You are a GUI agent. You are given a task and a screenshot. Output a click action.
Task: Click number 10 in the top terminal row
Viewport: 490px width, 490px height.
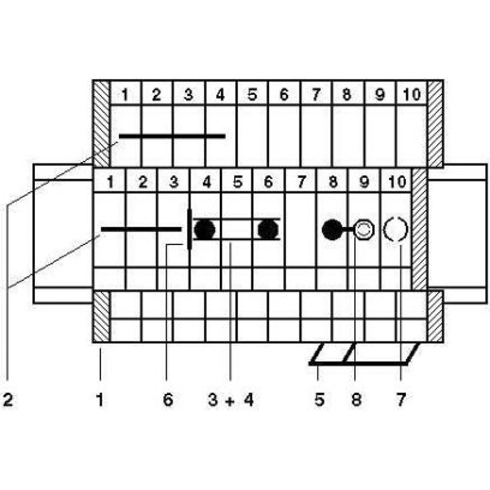pyautogui.click(x=411, y=95)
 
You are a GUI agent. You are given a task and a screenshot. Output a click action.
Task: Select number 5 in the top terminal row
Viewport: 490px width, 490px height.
pyautogui.click(x=252, y=95)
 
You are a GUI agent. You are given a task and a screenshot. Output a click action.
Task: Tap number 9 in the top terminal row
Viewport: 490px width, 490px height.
pyautogui.click(x=379, y=95)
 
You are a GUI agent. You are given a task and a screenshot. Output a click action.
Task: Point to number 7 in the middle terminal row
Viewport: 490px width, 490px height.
pyautogui.click(x=301, y=182)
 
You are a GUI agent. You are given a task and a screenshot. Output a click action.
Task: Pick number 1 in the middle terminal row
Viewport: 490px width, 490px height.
pyautogui.click(x=110, y=182)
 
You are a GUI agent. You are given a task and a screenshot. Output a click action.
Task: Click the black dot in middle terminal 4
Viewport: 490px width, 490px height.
pyautogui.click(x=205, y=230)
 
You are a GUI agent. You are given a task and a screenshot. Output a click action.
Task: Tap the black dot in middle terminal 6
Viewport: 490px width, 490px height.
pyautogui.click(x=268, y=230)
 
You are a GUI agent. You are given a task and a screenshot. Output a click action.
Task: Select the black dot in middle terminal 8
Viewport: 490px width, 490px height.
pyautogui.click(x=332, y=230)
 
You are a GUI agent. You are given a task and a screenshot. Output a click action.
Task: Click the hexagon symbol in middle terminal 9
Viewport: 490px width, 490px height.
pyautogui.click(x=364, y=230)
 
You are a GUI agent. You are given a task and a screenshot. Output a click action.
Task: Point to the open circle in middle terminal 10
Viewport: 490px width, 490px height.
pyautogui.click(x=396, y=230)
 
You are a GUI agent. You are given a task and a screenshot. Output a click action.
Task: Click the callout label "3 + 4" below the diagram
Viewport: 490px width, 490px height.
pyautogui.click(x=230, y=401)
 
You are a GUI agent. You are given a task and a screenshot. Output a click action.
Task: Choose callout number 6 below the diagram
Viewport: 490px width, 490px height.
pyautogui.click(x=168, y=401)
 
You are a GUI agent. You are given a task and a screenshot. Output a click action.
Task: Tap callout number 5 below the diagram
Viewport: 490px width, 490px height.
pyautogui.click(x=319, y=401)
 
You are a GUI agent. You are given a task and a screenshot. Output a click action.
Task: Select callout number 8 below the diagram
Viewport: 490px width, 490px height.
pyautogui.click(x=356, y=401)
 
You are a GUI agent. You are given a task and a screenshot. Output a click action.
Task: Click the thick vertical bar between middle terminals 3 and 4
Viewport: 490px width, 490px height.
pyautogui.click(x=189, y=229)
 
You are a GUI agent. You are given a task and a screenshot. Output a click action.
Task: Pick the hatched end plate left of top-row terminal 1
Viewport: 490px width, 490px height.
pyautogui.click(x=101, y=123)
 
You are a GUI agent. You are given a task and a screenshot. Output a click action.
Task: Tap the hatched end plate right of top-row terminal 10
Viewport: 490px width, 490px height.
pyautogui.click(x=435, y=123)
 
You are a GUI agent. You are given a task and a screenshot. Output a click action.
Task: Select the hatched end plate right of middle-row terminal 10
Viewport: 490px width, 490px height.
pyautogui.click(x=420, y=229)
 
